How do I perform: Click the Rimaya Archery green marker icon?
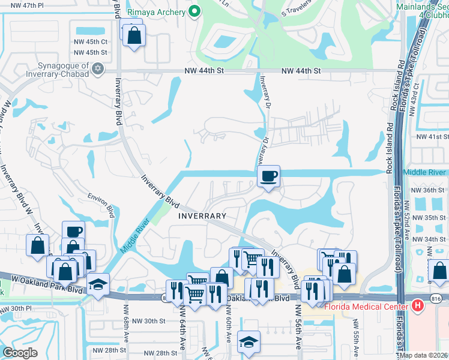(x=194, y=11)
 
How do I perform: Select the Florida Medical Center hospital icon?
(x=419, y=306)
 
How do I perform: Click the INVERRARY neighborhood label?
(x=202, y=216)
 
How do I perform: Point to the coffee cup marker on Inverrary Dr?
(x=268, y=176)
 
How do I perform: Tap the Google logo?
(x=20, y=353)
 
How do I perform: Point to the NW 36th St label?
(x=430, y=190)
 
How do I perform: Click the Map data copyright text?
(x=423, y=355)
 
